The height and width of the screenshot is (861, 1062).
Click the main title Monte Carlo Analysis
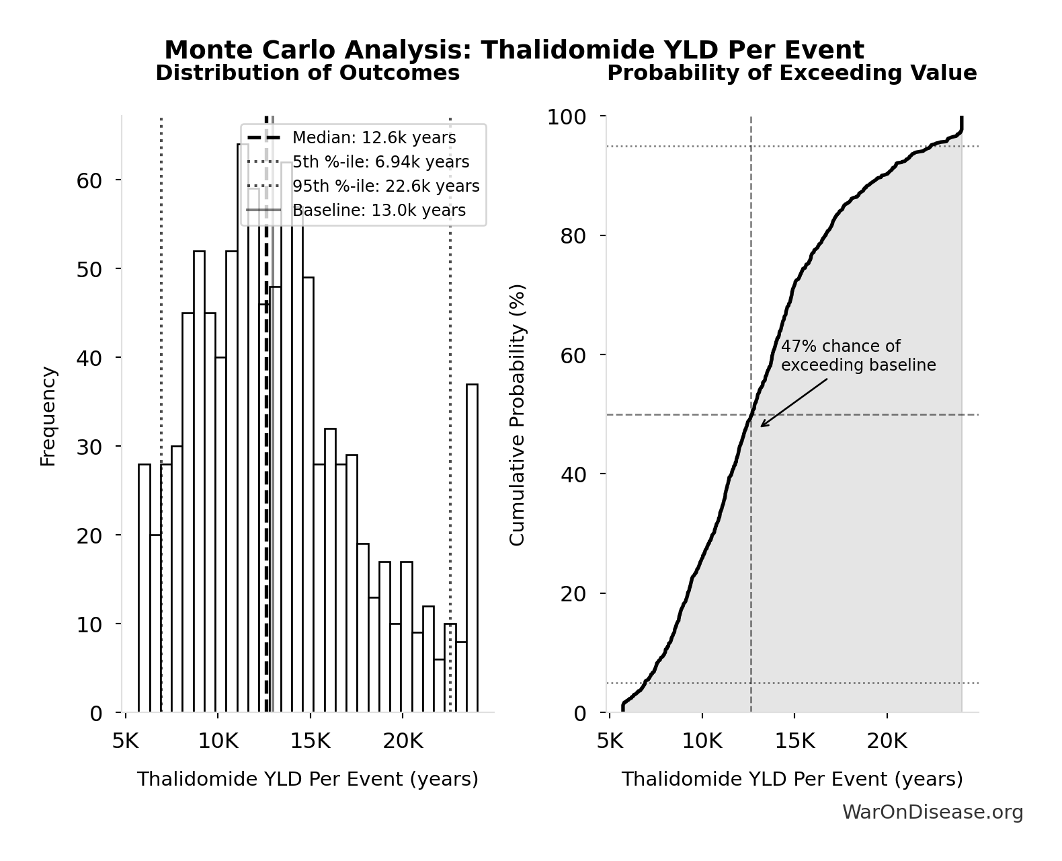click(514, 50)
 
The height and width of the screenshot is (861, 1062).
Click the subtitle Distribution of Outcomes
click(307, 73)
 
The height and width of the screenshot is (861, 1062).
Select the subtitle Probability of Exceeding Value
click(792, 73)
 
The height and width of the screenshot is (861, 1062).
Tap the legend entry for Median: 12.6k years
click(374, 138)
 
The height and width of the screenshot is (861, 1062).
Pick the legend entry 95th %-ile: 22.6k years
click(386, 186)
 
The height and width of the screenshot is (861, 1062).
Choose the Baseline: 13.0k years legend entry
click(378, 211)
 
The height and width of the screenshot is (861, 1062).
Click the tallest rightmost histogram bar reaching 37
click(472, 548)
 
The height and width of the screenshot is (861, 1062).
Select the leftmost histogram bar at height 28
click(145, 589)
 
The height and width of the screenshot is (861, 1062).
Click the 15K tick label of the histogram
click(310, 741)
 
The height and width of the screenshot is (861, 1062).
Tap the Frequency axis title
click(48, 416)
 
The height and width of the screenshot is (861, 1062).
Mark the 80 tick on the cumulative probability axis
click(573, 236)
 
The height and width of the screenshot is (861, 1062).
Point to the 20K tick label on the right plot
click(887, 741)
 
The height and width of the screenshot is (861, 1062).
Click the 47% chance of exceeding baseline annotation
click(858, 356)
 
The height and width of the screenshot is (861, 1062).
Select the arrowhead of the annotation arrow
click(763, 425)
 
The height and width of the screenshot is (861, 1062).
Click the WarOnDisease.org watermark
click(932, 813)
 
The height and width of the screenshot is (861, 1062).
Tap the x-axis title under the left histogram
click(307, 779)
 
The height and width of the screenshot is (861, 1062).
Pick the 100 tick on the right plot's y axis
click(567, 117)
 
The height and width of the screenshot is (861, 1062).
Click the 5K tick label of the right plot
click(610, 741)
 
